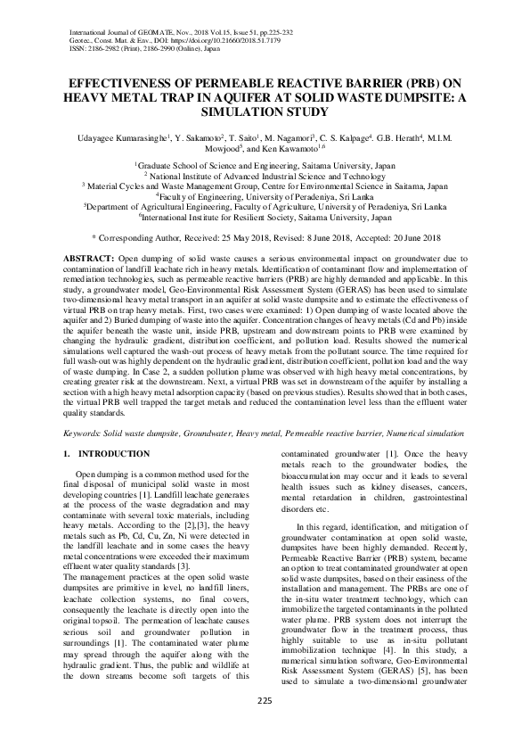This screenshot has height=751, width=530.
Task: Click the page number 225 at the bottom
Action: pyautogui.click(x=265, y=725)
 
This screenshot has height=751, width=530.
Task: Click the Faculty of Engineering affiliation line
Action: pyautogui.click(x=265, y=195)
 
